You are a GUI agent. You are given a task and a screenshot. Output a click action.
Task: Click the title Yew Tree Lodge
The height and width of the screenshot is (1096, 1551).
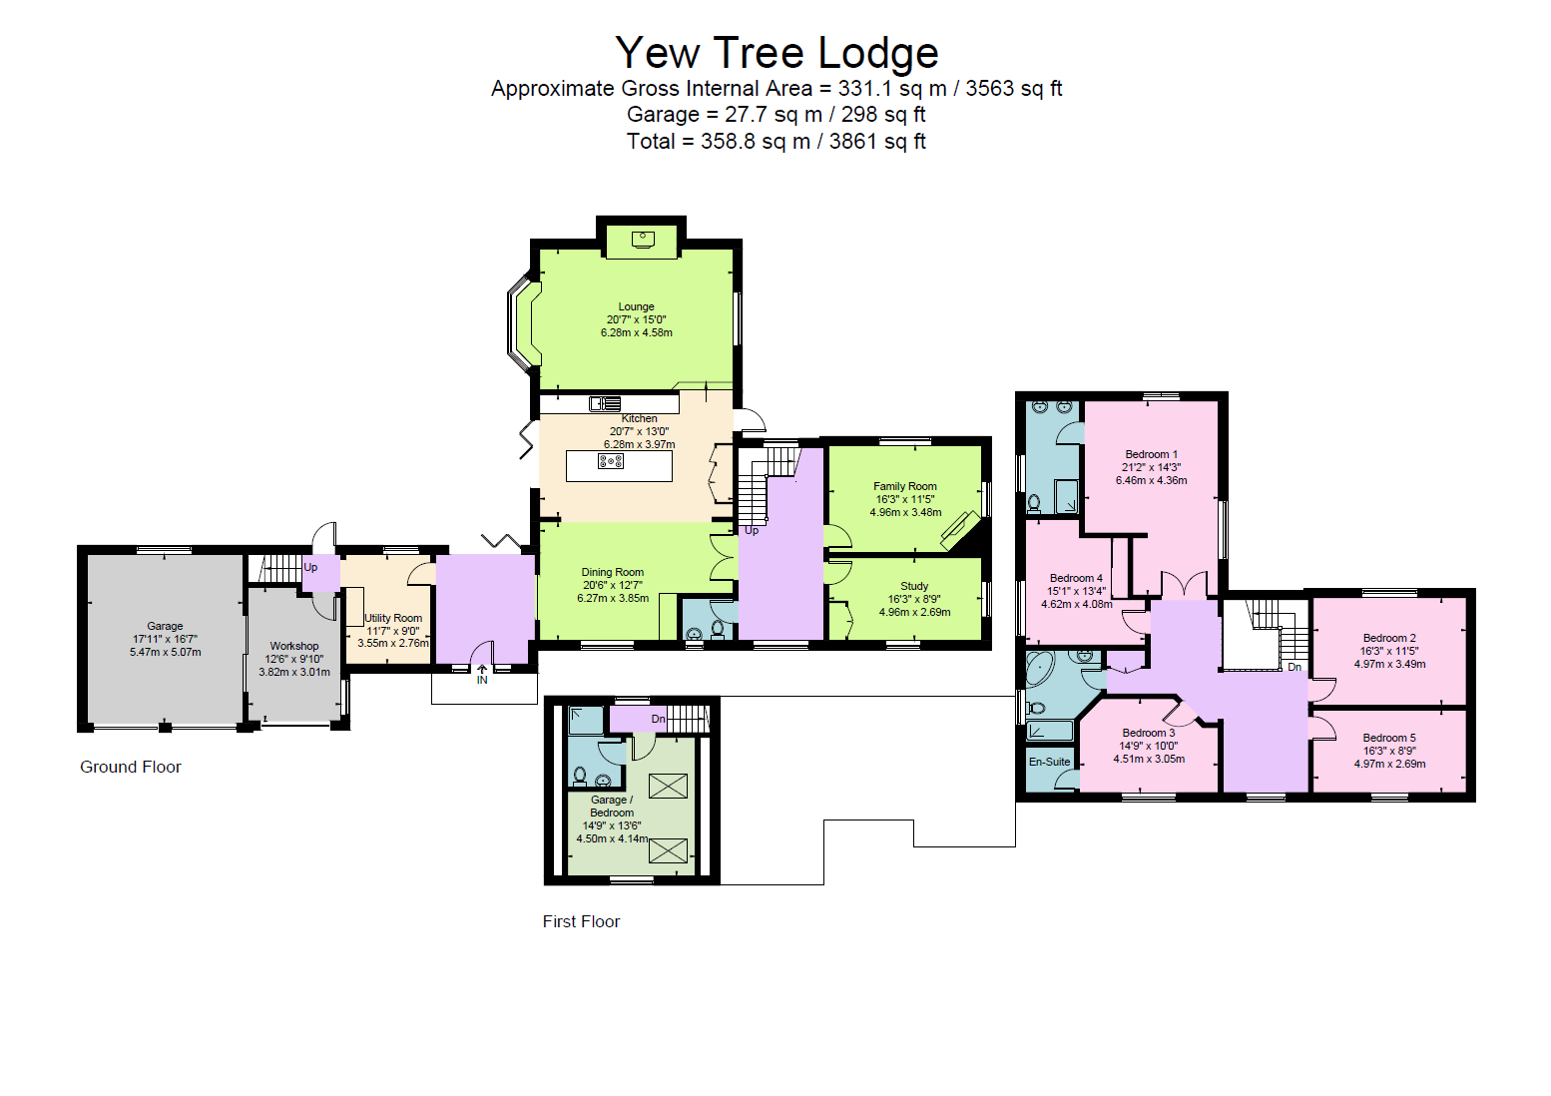(x=776, y=53)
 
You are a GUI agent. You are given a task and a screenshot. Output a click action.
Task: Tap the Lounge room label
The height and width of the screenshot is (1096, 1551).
(x=637, y=306)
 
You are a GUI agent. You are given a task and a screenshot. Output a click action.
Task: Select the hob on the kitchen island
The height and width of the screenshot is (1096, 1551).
(x=610, y=461)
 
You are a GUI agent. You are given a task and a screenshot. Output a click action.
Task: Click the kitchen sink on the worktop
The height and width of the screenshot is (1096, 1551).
(x=605, y=403)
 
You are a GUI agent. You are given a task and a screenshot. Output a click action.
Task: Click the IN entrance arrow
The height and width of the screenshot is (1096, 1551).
(x=482, y=675)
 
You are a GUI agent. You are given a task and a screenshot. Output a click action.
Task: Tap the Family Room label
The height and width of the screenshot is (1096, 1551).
(x=905, y=487)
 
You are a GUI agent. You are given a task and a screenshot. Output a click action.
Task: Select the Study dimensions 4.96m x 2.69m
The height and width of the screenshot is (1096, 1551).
(x=914, y=612)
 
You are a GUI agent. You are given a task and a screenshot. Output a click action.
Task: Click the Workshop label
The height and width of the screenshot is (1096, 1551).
(x=294, y=646)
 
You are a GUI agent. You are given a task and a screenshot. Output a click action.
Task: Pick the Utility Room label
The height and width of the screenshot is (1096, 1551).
(x=393, y=618)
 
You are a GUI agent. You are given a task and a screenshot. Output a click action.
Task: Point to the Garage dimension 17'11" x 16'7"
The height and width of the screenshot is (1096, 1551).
(x=165, y=639)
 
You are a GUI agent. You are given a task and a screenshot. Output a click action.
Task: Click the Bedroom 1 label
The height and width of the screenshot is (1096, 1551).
(x=1152, y=454)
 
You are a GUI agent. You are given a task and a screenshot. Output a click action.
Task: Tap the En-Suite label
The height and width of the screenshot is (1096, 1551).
(x=1050, y=762)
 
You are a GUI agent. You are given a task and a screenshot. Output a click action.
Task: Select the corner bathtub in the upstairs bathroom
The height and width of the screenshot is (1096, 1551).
(x=1040, y=668)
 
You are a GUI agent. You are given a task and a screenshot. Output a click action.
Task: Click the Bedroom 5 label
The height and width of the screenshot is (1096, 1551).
(x=1389, y=738)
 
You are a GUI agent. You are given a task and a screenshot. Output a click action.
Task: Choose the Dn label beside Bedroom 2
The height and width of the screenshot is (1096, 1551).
(x=1294, y=667)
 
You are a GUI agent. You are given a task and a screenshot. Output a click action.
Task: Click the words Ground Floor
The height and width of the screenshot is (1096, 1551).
(x=130, y=767)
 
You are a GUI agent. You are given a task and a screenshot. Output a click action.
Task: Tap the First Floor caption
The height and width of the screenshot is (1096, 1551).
(x=581, y=921)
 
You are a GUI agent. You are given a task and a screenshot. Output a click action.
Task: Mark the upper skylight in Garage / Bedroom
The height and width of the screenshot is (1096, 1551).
(x=668, y=786)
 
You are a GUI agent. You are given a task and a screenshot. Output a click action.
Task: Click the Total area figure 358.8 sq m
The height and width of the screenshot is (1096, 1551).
(x=756, y=141)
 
